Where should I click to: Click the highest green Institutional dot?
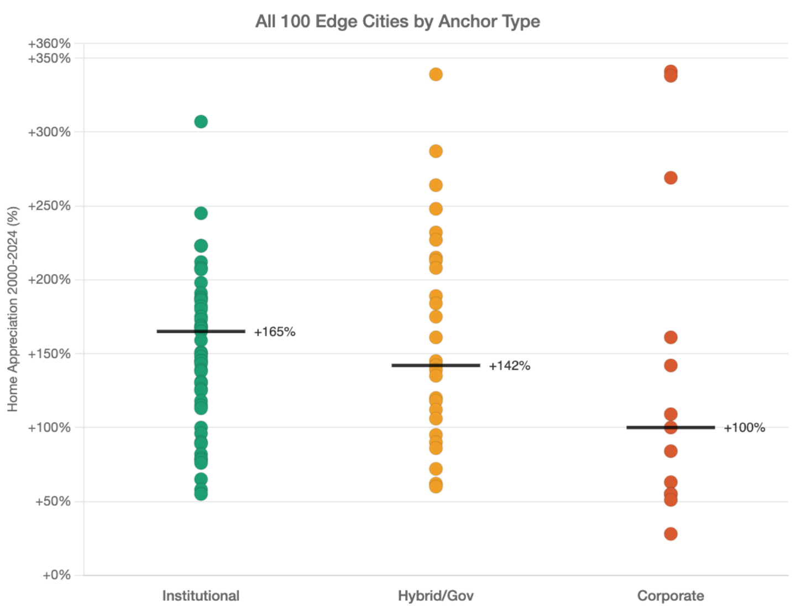pyautogui.click(x=201, y=122)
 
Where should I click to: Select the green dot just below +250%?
pyautogui.click(x=201, y=213)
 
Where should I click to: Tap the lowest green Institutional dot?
pyautogui.click(x=201, y=494)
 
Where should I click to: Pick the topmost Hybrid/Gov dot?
pyautogui.click(x=436, y=74)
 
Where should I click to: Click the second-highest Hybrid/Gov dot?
pyautogui.click(x=436, y=151)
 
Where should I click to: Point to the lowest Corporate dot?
pyautogui.click(x=671, y=534)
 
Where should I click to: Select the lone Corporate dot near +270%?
pyautogui.click(x=671, y=178)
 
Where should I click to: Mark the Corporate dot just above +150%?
pyautogui.click(x=671, y=337)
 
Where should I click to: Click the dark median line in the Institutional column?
pyautogui.click(x=201, y=329)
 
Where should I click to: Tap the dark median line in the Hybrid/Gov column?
pyautogui.click(x=436, y=366)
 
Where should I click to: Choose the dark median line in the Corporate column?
pyautogui.click(x=671, y=428)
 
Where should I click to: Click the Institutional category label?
pyautogui.click(x=201, y=596)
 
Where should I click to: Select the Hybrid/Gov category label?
pyautogui.click(x=436, y=596)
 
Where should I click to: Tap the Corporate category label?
pyautogui.click(x=671, y=596)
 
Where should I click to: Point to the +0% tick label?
pyautogui.click(x=56, y=575)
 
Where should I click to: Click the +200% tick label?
pyautogui.click(x=49, y=280)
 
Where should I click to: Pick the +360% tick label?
pyautogui.click(x=49, y=44)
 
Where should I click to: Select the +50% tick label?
pyautogui.click(x=53, y=501)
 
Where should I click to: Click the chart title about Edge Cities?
pyautogui.click(x=397, y=22)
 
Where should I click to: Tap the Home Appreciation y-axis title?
pyautogui.click(x=13, y=310)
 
